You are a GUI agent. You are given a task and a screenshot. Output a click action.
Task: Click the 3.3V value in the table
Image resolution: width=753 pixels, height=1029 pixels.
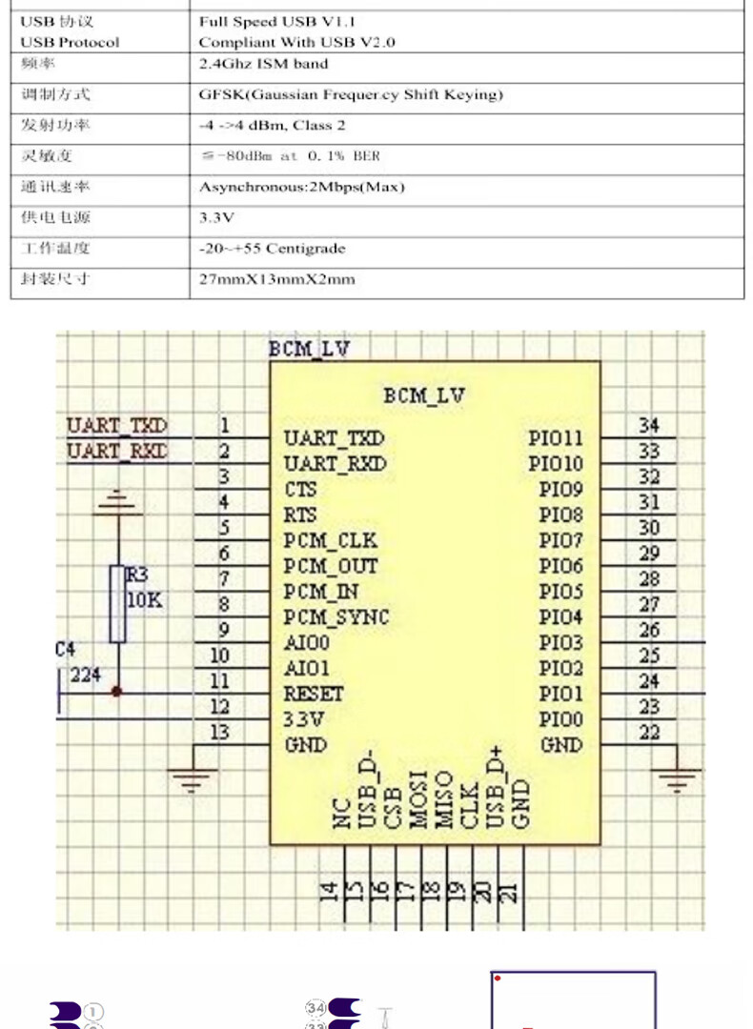point(216,218)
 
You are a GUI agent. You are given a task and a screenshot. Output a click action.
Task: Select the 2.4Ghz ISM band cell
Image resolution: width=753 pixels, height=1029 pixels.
point(263,64)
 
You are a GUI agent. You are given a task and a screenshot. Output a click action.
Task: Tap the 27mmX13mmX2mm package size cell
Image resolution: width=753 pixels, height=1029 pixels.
point(276,279)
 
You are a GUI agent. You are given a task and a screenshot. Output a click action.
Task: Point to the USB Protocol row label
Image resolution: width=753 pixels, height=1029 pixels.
point(70,42)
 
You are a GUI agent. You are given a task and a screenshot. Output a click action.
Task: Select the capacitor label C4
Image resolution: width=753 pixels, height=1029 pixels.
point(65,650)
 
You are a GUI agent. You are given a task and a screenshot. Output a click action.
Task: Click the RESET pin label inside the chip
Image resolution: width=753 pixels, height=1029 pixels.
point(314,694)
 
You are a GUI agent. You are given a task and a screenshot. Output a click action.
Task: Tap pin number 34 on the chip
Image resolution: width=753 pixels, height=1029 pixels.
point(649,426)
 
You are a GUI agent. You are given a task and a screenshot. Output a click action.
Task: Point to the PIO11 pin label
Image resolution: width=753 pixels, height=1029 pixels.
point(556,438)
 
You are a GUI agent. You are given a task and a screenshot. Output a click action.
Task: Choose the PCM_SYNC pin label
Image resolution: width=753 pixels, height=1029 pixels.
point(336,617)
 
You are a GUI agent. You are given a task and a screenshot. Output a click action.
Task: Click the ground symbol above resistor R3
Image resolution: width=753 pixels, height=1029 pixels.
point(117,500)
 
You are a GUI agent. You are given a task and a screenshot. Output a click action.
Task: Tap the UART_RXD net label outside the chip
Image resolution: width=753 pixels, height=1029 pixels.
point(116,451)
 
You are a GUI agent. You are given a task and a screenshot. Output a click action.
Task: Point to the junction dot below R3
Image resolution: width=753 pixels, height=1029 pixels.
point(117,693)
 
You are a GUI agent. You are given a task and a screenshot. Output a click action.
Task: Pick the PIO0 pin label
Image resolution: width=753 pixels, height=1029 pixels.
point(560,719)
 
